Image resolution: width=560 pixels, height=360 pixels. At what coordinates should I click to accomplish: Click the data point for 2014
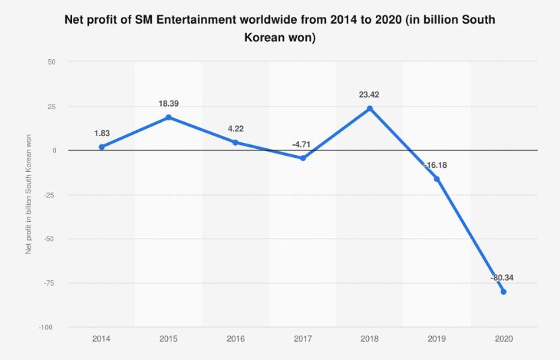101,147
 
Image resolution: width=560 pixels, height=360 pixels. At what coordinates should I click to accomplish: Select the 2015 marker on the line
168,117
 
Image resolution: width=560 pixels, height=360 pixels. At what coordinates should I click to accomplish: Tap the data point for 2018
370,109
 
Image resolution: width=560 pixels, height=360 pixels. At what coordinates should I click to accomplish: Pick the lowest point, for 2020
504,292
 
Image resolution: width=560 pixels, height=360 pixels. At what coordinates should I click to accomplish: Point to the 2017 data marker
303,158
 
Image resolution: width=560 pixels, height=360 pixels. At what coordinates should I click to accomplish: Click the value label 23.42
369,95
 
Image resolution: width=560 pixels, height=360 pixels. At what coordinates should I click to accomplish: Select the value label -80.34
503,277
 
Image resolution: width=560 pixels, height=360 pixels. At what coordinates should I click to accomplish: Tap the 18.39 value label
168,104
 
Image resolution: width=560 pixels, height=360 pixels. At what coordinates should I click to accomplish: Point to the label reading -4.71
301,144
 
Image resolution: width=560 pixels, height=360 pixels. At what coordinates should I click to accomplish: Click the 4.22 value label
235,129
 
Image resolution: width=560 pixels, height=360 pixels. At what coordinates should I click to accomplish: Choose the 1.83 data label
101,133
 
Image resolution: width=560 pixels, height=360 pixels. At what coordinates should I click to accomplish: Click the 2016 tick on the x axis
235,339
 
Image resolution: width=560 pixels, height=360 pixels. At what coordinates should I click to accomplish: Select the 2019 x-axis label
437,339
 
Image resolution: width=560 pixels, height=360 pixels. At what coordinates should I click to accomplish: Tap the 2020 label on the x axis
504,339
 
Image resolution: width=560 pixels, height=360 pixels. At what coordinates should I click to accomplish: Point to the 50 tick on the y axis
52,62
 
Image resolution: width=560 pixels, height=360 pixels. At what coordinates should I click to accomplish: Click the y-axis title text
28,194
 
